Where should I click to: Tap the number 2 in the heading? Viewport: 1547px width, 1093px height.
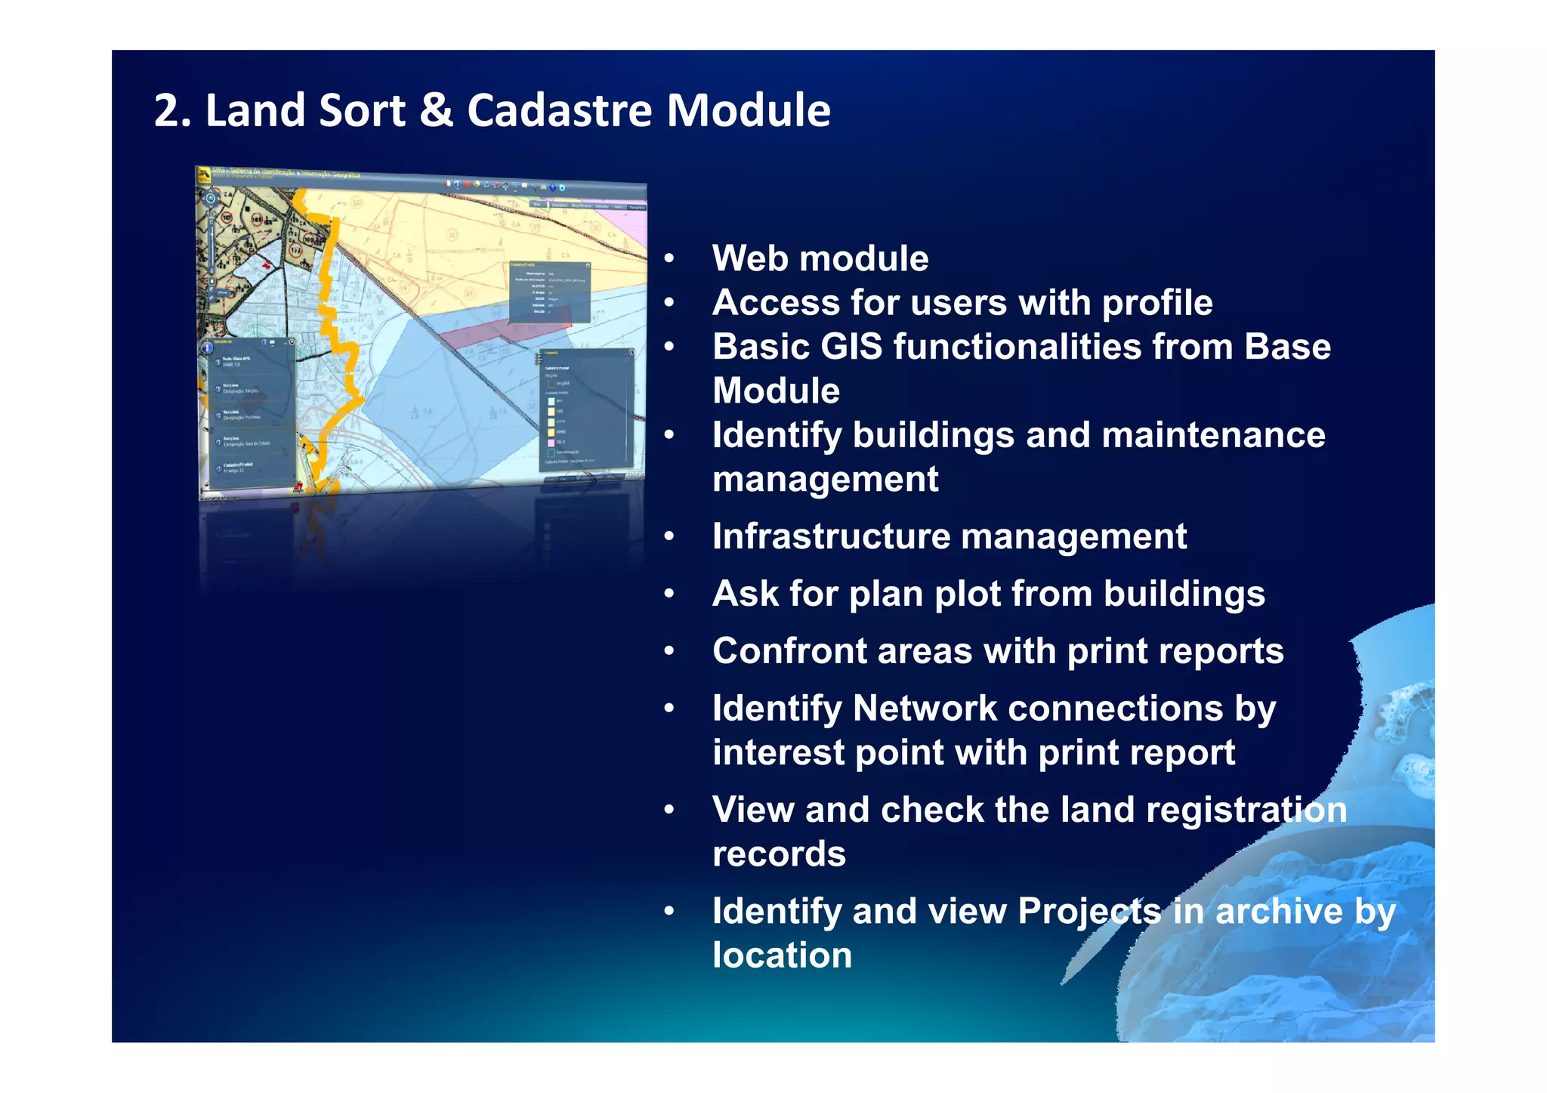pyautogui.click(x=167, y=112)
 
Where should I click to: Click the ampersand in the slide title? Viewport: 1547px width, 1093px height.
pyautogui.click(x=435, y=110)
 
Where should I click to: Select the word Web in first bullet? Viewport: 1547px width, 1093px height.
pyautogui.click(x=750, y=258)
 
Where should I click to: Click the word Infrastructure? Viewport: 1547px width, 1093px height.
pyautogui.click(x=830, y=536)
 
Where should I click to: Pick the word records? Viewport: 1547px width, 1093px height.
pyautogui.click(x=779, y=854)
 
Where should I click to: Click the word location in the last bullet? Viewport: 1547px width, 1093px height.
pyautogui.click(x=782, y=956)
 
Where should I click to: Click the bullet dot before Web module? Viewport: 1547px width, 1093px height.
pyautogui.click(x=669, y=260)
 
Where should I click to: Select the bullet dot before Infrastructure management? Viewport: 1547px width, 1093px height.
pyautogui.click(x=669, y=537)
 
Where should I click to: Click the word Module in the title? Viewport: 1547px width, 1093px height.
pyautogui.click(x=748, y=110)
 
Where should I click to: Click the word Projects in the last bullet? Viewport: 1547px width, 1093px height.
pyautogui.click(x=1088, y=911)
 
